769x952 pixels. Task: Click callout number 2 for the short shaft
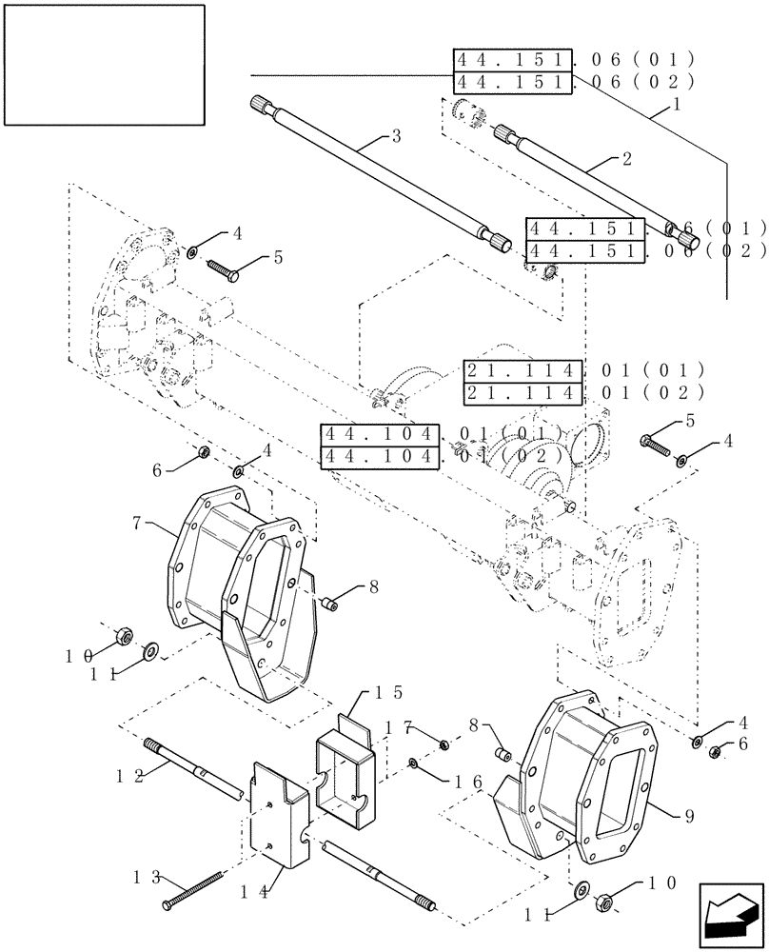tap(625, 159)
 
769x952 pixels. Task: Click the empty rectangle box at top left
tap(104, 64)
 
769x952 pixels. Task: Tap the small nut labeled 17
tap(444, 744)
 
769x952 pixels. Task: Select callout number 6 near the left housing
tap(157, 468)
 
